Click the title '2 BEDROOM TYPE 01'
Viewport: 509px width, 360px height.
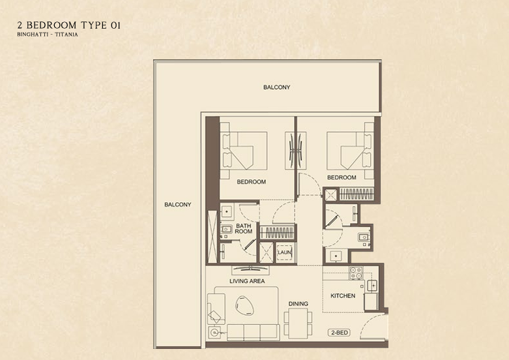(70, 25)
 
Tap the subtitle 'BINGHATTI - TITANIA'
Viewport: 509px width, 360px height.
(48, 35)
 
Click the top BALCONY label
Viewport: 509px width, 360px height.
(276, 87)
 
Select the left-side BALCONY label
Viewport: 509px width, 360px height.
(177, 205)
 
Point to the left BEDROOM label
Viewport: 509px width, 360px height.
(251, 182)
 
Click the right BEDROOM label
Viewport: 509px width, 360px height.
(342, 177)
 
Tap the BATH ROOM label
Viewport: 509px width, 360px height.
(244, 229)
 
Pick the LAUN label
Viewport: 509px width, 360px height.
(284, 252)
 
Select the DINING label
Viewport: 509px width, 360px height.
(298, 304)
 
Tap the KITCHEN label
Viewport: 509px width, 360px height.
(343, 296)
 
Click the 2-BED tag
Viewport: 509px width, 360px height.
(339, 333)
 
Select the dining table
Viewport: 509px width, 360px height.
(297, 321)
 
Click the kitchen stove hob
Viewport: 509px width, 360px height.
(356, 273)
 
